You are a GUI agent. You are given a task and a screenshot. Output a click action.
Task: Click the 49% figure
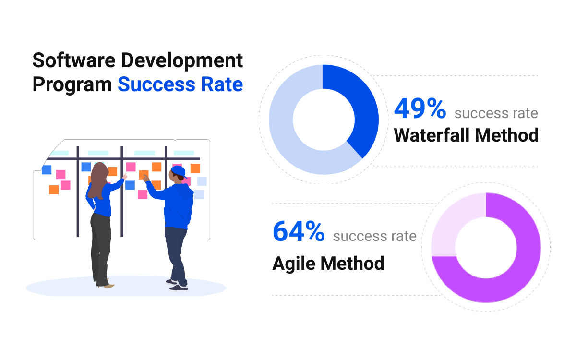[420, 108]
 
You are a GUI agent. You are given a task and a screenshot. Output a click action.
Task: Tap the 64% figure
[299, 231]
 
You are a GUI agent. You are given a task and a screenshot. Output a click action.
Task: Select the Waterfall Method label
[466, 135]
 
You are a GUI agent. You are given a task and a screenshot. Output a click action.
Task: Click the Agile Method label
[328, 264]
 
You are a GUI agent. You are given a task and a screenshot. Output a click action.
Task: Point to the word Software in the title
[74, 60]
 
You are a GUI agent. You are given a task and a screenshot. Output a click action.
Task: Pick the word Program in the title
[72, 85]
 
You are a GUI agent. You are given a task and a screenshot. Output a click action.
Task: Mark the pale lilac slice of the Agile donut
[453, 221]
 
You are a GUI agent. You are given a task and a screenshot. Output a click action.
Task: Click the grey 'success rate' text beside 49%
[496, 113]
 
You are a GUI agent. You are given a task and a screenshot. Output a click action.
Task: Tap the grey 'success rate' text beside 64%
[375, 236]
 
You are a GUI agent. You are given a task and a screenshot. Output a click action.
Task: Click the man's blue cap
[179, 171]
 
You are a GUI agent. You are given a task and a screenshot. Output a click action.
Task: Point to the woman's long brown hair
[98, 180]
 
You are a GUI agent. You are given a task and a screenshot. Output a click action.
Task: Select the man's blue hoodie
[175, 203]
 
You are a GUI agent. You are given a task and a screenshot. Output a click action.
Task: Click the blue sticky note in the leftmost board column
[47, 170]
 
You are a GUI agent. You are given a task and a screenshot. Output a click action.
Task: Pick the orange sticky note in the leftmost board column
[54, 190]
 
